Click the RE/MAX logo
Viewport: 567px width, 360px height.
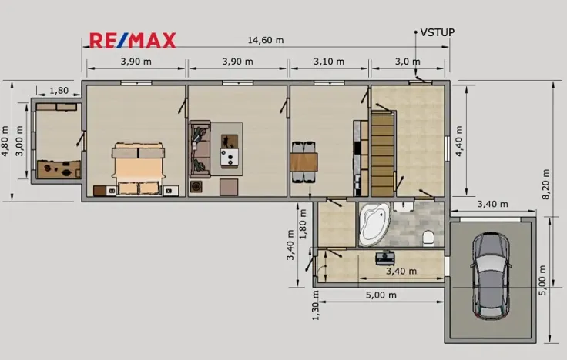(x=133, y=40)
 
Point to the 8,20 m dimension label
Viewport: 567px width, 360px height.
(x=546, y=182)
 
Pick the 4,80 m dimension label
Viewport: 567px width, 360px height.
(x=6, y=142)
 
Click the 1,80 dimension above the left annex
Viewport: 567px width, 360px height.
(x=59, y=91)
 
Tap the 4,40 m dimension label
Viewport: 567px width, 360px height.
(x=460, y=142)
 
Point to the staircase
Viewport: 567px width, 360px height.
(x=383, y=153)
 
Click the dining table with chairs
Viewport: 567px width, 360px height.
(x=304, y=162)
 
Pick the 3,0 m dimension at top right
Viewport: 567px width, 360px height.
(x=408, y=62)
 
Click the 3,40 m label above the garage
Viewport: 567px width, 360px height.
(x=492, y=205)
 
